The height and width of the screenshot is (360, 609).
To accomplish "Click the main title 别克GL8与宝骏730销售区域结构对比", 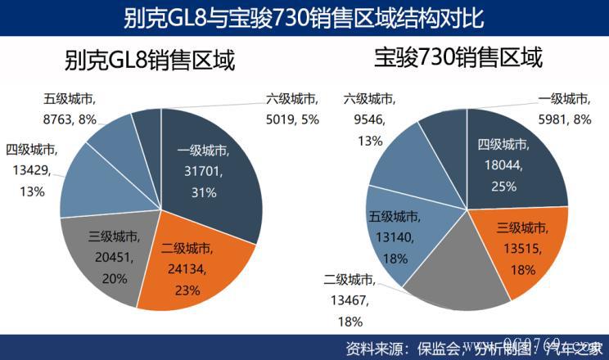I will [304, 16].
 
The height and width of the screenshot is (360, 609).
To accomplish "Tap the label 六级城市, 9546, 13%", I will [369, 119].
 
